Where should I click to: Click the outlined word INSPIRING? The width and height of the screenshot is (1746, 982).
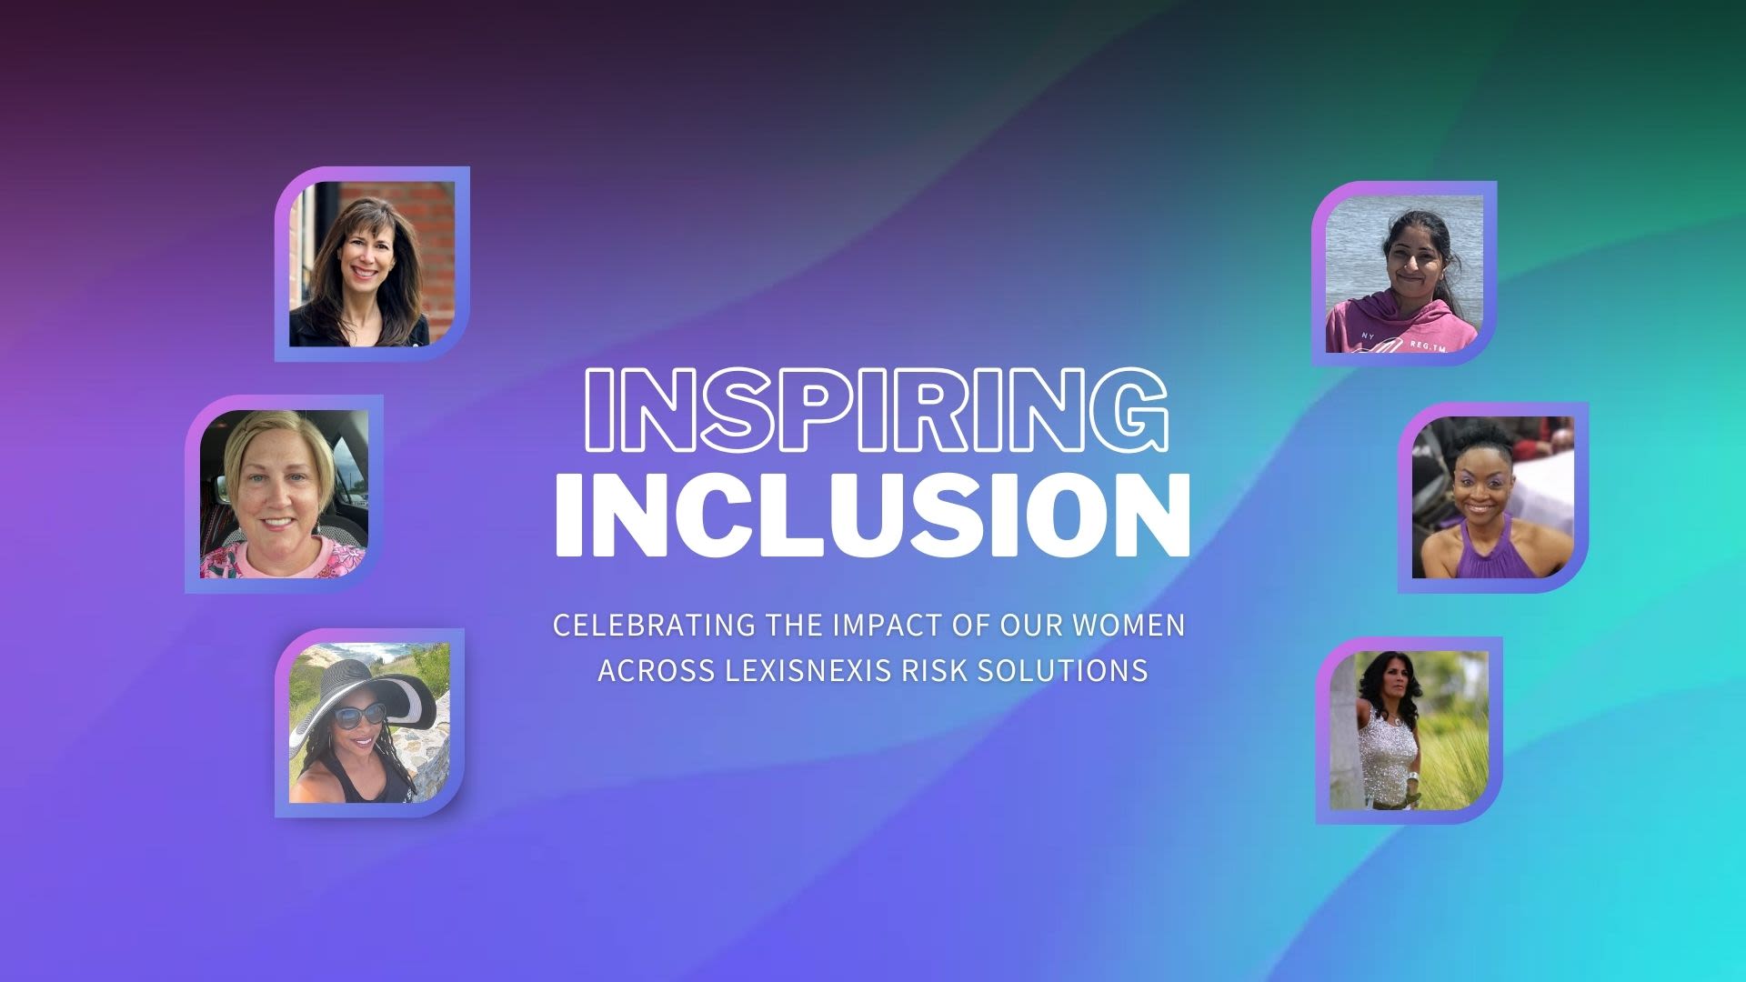pos(873,409)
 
